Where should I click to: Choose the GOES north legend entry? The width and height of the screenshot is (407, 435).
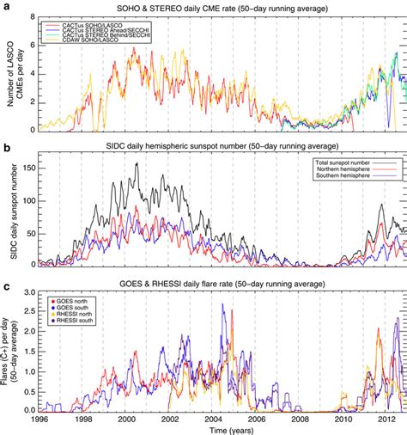tap(71, 301)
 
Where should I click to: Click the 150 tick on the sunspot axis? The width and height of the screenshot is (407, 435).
tap(29, 165)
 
